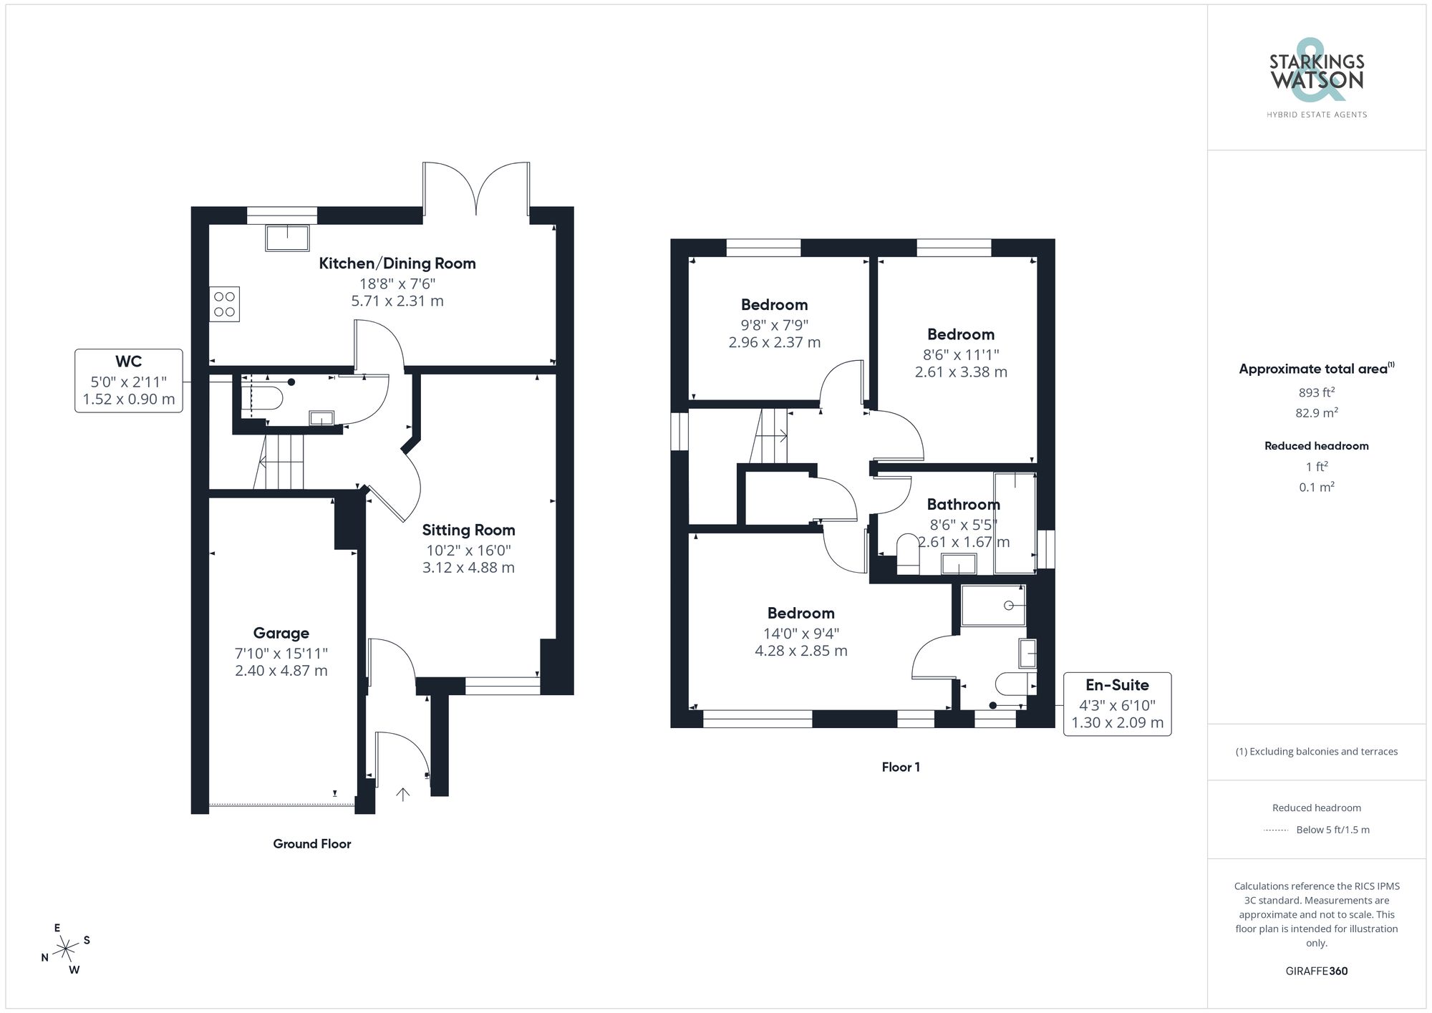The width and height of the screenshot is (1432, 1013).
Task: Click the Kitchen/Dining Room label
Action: point(397,263)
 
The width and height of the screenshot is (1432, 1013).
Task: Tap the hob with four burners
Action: point(224,304)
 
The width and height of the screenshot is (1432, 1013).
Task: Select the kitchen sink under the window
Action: point(287,238)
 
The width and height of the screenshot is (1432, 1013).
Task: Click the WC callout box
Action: point(129,380)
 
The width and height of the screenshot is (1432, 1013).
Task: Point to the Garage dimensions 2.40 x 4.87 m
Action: point(281,671)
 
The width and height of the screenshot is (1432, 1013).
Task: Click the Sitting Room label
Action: point(468,530)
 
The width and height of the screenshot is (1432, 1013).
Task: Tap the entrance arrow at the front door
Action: point(403,793)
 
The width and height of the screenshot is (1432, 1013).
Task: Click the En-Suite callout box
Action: point(1117,704)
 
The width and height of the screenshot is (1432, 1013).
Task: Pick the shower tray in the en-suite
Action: point(993,606)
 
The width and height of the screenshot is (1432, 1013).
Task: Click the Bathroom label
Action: point(963,504)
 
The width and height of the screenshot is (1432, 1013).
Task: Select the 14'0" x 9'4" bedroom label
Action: point(800,613)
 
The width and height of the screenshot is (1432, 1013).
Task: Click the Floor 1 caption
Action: point(901,767)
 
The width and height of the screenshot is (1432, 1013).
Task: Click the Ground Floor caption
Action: point(311,843)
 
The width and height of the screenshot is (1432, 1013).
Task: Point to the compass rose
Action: point(66,949)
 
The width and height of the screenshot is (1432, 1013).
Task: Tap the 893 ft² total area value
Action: point(1316,392)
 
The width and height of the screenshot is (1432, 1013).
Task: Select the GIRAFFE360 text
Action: point(1316,971)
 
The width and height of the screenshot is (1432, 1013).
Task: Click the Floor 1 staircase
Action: point(770,436)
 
